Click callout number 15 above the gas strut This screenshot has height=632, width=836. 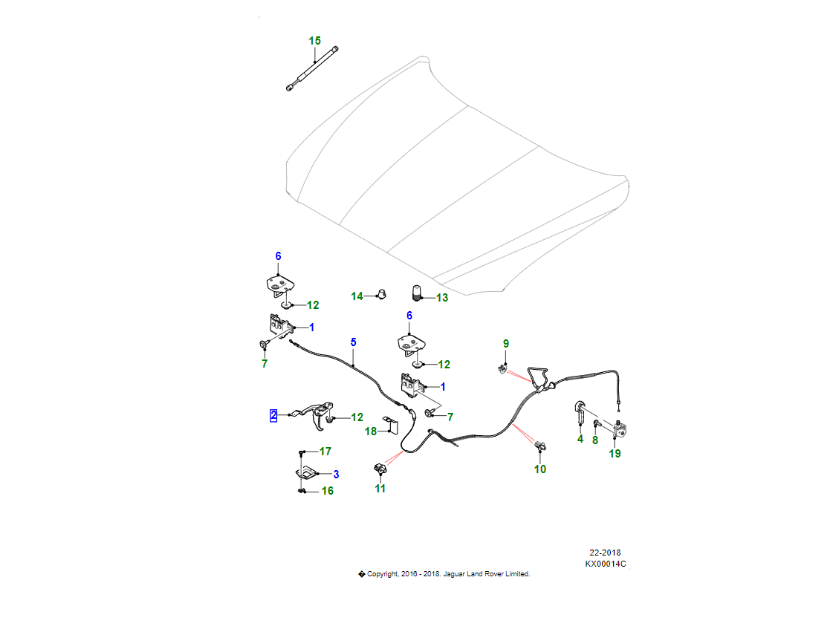[315, 40]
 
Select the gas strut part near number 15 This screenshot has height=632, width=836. [313, 69]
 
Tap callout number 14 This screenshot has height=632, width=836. [357, 296]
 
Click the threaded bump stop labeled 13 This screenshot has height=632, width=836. [418, 293]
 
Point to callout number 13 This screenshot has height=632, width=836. [442, 298]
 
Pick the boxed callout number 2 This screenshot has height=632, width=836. [273, 416]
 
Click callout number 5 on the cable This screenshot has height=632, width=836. [353, 342]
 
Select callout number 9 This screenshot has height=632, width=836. [506, 344]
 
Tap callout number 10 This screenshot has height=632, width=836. [540, 469]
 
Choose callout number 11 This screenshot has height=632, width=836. [380, 489]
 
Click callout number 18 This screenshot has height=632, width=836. [371, 431]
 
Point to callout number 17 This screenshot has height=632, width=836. [325, 452]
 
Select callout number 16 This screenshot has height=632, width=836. [327, 491]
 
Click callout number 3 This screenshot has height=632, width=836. [336, 474]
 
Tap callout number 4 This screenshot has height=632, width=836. [580, 439]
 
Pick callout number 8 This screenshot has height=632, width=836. [594, 440]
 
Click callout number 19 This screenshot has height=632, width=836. [615, 454]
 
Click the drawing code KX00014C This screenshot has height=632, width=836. [605, 564]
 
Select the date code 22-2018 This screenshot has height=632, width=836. [605, 553]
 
